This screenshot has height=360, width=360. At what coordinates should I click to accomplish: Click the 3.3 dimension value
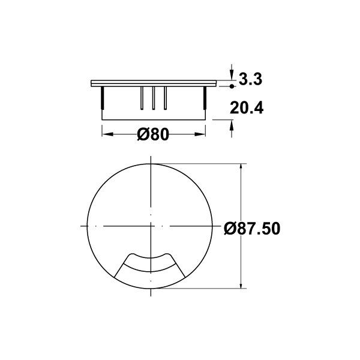251,79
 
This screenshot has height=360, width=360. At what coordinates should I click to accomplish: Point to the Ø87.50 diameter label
252,229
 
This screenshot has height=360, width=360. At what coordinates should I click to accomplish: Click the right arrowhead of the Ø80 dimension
203,134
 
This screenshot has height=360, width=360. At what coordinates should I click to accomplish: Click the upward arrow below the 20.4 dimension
232,125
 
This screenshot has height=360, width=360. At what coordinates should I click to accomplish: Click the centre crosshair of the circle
151,226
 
